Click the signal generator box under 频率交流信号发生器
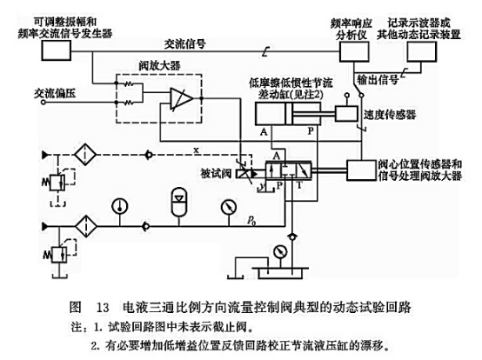coord(59,50)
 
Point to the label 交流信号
coord(179,41)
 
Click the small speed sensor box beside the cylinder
coord(347,113)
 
